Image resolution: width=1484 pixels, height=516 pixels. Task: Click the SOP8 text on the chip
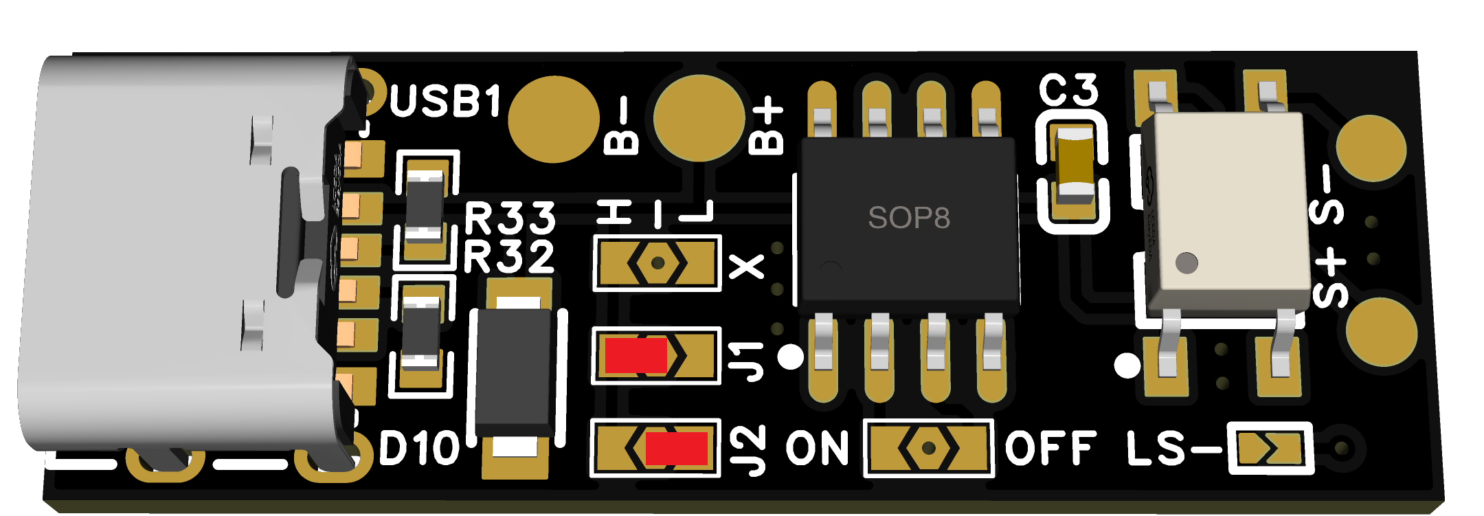pos(908,218)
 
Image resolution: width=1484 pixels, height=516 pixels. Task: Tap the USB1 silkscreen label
pos(445,102)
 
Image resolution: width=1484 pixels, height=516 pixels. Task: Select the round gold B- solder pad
pos(554,120)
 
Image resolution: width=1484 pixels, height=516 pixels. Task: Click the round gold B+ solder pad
pos(699,118)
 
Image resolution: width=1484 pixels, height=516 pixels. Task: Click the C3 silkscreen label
pos(1068,90)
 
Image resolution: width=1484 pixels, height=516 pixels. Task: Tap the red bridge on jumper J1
pos(636,355)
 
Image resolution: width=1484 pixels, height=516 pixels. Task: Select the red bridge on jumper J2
pos(676,448)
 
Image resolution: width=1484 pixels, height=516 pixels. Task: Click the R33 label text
pos(510,219)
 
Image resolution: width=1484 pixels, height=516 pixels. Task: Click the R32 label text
pos(509,258)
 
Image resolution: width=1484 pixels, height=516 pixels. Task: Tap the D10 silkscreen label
pos(419,449)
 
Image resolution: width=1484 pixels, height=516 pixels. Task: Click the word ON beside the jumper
pos(818,449)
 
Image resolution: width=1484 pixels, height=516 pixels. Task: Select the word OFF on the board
pos(1050,449)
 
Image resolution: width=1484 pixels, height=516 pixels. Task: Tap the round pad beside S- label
pos(1371,148)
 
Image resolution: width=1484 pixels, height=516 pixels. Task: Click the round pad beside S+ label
pos(1381,333)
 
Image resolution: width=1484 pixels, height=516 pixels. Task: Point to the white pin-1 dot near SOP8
pos(791,357)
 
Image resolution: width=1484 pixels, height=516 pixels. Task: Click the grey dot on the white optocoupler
pos(1187,262)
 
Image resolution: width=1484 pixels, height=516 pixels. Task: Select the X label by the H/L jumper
pos(746,266)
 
